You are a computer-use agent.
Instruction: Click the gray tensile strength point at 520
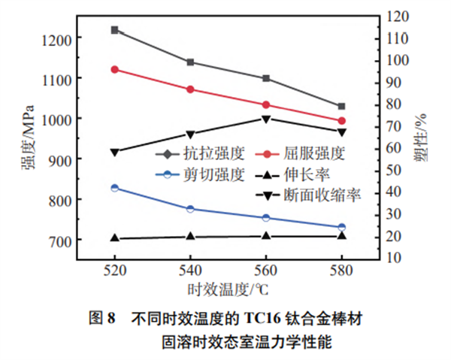(114, 30)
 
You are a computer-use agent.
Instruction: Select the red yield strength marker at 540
(190, 89)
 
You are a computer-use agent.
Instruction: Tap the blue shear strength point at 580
(341, 227)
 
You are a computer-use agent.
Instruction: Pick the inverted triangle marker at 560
(266, 119)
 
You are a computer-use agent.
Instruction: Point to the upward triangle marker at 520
(114, 237)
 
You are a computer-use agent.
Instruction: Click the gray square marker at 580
(341, 106)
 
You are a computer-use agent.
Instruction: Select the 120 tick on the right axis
(401, 16)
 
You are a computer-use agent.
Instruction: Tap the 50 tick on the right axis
(397, 170)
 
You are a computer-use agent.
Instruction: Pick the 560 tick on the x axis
(266, 269)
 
